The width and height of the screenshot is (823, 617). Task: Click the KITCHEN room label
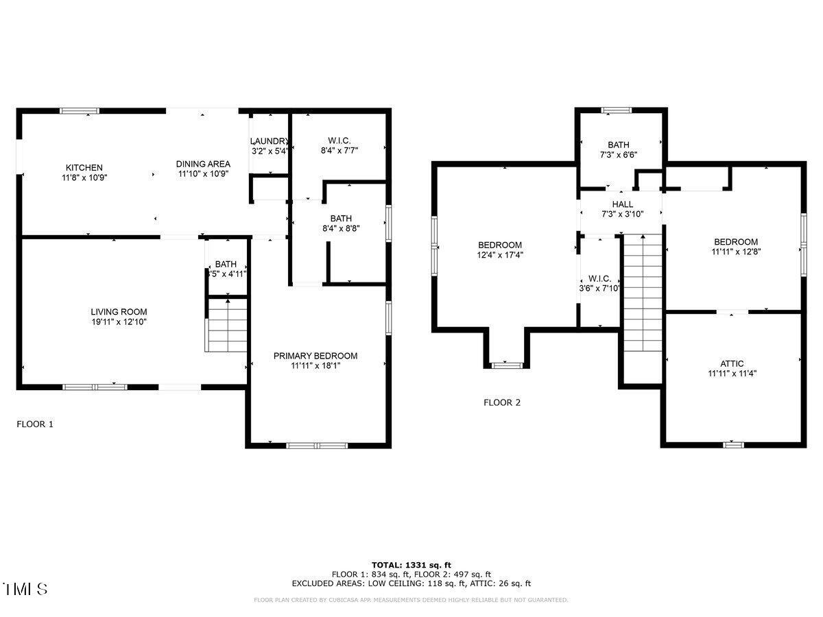click(84, 167)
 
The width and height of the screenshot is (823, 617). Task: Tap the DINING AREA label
click(203, 164)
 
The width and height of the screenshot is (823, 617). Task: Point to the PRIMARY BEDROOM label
click(315, 356)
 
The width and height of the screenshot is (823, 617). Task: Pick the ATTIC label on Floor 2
click(732, 363)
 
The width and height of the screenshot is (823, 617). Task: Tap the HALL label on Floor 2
click(622, 204)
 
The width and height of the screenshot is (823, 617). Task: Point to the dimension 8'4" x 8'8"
click(341, 228)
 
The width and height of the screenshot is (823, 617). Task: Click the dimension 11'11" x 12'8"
click(736, 251)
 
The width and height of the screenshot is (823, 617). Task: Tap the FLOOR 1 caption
click(35, 424)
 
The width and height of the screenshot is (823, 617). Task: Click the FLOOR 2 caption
click(502, 402)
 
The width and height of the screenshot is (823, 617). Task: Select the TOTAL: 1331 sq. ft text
click(411, 564)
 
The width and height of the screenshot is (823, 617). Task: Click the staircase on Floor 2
click(643, 295)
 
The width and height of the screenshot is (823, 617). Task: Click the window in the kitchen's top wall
click(80, 110)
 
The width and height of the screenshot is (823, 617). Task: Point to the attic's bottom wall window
click(733, 444)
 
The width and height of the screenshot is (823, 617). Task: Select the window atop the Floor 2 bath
click(616, 110)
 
